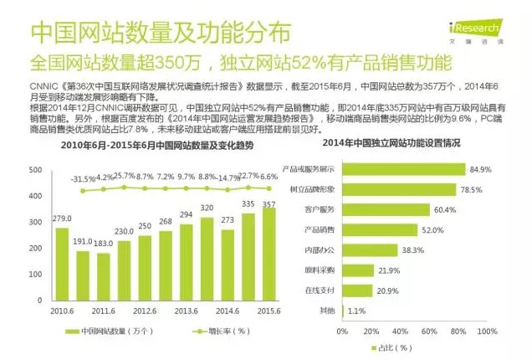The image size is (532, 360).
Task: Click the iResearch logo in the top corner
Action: (488, 15)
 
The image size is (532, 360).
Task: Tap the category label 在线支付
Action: (320, 290)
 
